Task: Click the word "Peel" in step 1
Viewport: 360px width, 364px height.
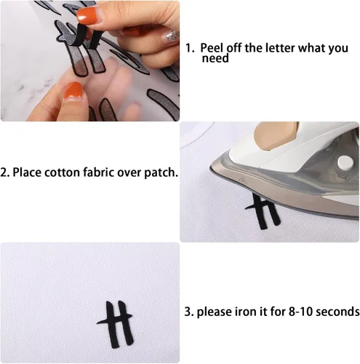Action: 212,48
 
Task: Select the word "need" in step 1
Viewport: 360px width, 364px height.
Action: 215,58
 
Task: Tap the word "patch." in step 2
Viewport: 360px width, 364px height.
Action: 161,173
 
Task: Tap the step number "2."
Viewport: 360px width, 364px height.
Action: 5,173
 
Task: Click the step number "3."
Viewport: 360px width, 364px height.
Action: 189,312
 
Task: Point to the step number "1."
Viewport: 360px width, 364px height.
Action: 190,48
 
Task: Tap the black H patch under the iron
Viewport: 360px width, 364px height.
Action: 264,212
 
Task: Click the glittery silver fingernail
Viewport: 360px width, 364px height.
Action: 170,36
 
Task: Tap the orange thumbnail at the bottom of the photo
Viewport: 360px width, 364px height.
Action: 73,91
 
